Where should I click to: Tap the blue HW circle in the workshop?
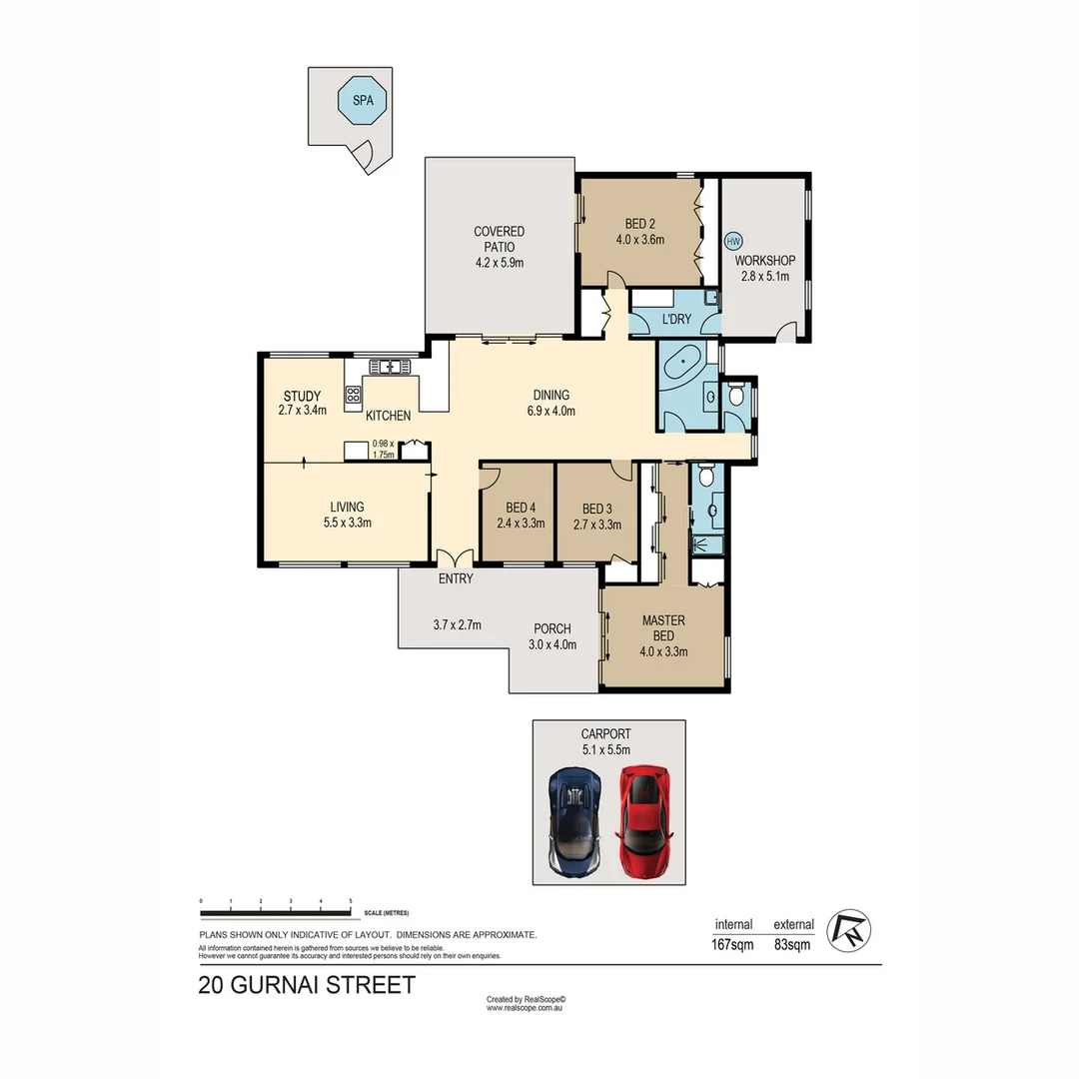coord(733,241)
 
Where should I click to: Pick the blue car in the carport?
coord(574,822)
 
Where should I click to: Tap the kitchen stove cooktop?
coord(353,394)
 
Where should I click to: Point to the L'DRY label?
coord(676,321)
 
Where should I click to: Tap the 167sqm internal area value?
coord(733,944)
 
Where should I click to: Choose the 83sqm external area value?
coord(792,944)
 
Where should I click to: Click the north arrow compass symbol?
coord(851,928)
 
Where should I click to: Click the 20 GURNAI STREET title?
coord(307,985)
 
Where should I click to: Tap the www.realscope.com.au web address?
coord(526,1008)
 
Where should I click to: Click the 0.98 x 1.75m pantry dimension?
coord(383,449)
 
